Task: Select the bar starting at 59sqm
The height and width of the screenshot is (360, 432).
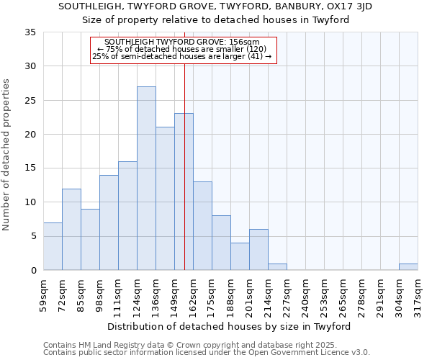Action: pos(53,246)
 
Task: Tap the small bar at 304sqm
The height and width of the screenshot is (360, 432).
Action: pos(408,266)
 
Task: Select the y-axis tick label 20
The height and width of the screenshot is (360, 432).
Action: pos(30,135)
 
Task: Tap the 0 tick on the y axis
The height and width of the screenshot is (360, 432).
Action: pos(33,271)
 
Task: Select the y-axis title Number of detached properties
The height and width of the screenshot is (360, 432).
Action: pos(7,155)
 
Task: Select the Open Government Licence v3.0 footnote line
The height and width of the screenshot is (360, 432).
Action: pos(207,352)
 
